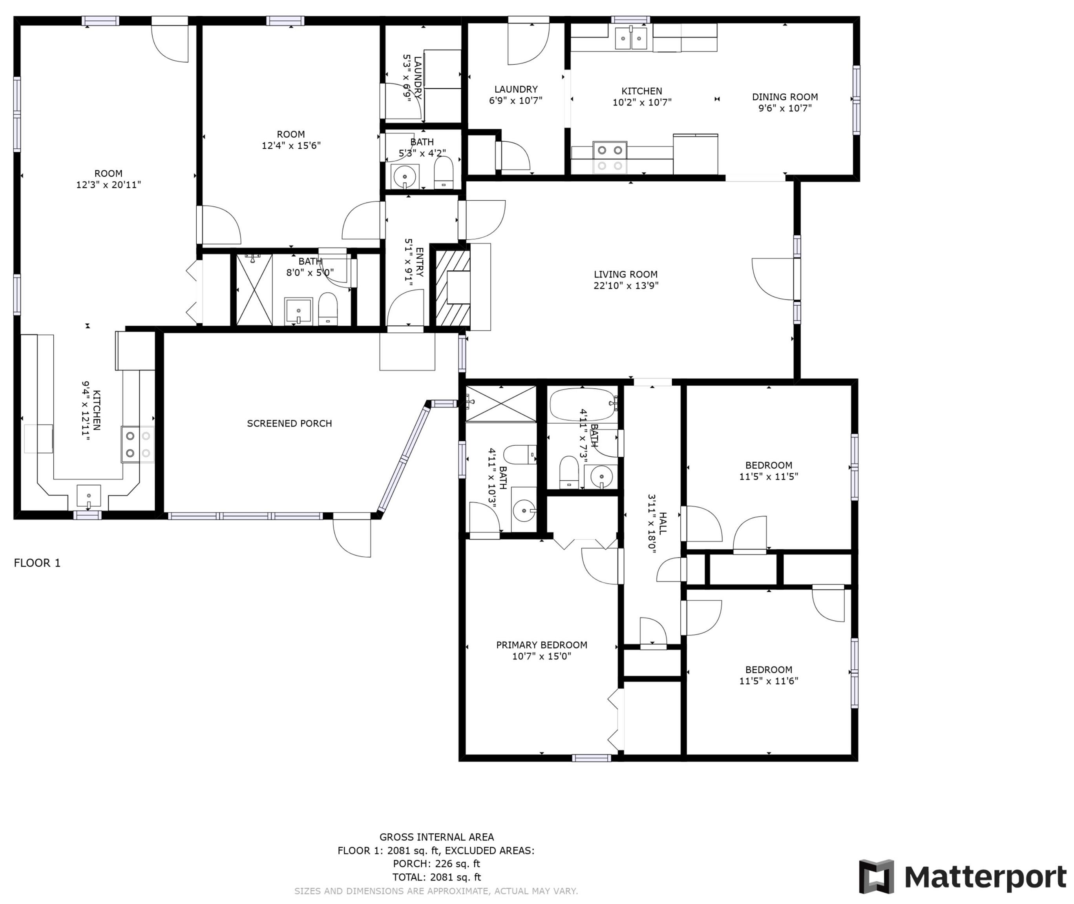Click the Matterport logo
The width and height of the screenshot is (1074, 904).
963,877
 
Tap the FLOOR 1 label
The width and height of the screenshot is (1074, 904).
37,563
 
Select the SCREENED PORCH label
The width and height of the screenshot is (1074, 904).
289,423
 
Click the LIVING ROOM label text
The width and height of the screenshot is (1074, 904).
625,274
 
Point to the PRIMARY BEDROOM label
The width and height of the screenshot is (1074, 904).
541,645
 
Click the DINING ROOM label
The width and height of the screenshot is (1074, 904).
785,97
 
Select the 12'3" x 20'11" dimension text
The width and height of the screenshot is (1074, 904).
108,184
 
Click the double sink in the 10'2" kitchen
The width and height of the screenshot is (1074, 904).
631,38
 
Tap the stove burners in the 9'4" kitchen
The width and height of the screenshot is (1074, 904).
138,444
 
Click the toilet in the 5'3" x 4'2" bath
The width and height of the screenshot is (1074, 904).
444,173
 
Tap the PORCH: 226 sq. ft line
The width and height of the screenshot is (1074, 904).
436,864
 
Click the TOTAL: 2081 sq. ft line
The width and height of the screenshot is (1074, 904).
436,877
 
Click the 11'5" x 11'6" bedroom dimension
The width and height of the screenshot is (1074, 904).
769,681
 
